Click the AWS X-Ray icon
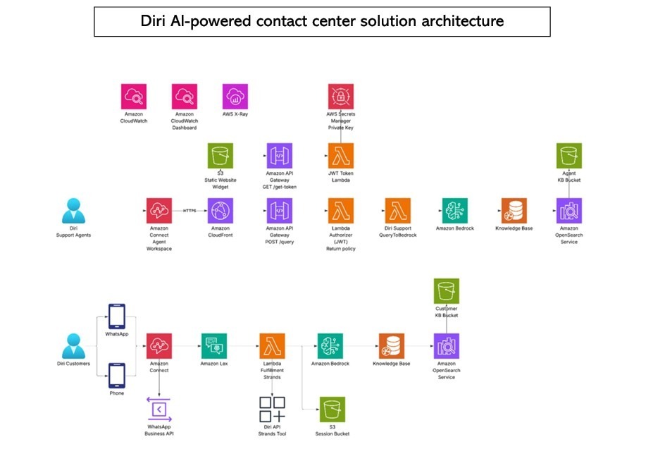(x=235, y=97)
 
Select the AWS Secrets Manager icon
(x=340, y=97)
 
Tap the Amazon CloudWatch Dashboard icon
(x=185, y=97)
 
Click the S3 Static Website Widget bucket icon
(x=221, y=155)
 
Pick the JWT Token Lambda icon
(x=340, y=155)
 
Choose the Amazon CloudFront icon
(x=221, y=211)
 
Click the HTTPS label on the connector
(x=190, y=210)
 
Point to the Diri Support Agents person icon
(x=73, y=211)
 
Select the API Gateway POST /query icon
(x=280, y=211)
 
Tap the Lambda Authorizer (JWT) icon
(x=340, y=211)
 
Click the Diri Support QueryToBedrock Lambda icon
(x=398, y=211)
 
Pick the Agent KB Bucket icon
(x=569, y=155)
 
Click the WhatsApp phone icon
(x=117, y=316)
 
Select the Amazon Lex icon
(x=213, y=346)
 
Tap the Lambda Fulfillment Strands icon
(x=272, y=346)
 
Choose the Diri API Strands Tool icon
(x=272, y=410)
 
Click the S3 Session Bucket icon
(x=333, y=410)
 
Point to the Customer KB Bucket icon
(x=446, y=290)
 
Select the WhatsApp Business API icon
(x=159, y=410)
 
